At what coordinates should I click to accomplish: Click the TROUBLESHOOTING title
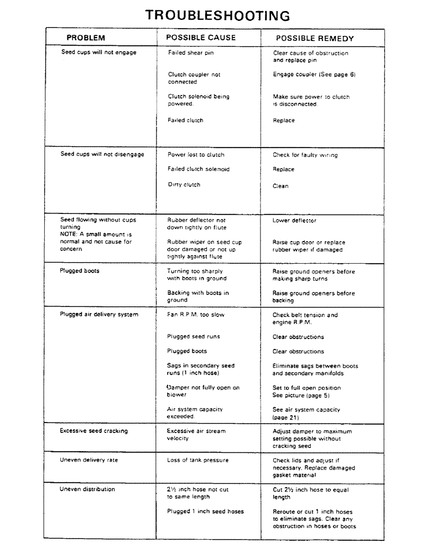(x=217, y=15)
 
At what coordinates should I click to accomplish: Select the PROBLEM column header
(x=86, y=38)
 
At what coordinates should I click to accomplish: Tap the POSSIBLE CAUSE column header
(x=201, y=38)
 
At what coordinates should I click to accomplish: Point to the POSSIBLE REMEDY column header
(x=315, y=38)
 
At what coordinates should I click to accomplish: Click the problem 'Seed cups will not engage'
(x=98, y=53)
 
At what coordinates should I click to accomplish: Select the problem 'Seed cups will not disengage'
(x=102, y=154)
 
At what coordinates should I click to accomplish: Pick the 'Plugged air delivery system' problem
(x=99, y=315)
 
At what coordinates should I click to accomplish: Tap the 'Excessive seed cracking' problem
(x=93, y=431)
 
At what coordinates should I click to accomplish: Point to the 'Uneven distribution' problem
(x=87, y=489)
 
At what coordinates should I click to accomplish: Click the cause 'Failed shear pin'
(x=190, y=53)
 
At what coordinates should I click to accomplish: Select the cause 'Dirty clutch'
(x=184, y=185)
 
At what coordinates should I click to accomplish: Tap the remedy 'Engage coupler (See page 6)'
(x=314, y=74)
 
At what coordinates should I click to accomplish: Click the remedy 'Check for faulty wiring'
(x=305, y=155)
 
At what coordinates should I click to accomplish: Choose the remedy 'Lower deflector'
(x=294, y=220)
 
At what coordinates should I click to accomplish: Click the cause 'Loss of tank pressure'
(x=197, y=460)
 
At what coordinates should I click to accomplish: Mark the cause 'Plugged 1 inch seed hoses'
(x=205, y=512)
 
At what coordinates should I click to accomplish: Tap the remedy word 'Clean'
(x=280, y=186)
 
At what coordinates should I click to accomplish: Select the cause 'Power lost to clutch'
(x=196, y=155)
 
